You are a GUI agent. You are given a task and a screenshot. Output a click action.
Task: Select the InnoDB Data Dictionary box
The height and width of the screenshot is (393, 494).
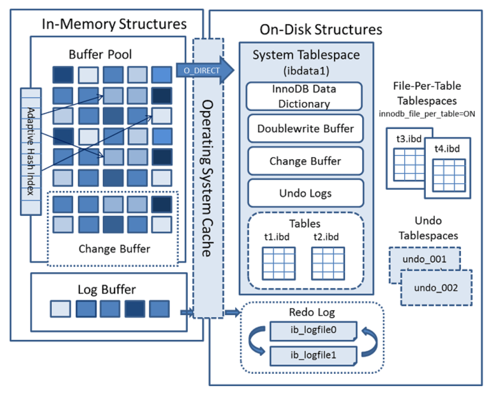tap(304, 97)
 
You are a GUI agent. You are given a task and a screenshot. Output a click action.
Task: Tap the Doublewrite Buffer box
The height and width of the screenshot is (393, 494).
tap(305, 129)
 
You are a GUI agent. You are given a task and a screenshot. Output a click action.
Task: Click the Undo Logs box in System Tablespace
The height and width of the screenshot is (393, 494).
tap(305, 193)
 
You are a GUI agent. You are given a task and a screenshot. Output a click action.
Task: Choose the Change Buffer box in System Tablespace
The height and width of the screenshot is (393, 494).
tap(305, 161)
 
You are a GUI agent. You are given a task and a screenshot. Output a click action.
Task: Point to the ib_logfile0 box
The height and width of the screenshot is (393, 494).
tap(313, 330)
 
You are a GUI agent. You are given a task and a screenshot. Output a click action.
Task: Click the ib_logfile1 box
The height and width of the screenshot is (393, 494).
tap(313, 355)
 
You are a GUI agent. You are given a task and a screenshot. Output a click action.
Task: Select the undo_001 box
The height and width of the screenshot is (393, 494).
tap(424, 259)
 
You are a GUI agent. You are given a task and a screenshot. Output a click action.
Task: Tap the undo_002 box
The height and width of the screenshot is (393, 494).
tap(436, 288)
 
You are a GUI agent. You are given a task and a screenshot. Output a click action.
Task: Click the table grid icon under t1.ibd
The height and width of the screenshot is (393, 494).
tap(278, 263)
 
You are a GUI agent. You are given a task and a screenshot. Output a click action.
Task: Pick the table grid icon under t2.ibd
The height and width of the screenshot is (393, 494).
tap(328, 263)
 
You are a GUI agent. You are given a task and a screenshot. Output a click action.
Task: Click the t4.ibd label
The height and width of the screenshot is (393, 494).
tap(447, 149)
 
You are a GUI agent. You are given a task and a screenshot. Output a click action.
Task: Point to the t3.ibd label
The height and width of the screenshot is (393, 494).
tap(409, 139)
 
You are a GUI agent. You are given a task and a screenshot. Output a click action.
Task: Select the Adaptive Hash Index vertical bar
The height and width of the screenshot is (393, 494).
tap(31, 152)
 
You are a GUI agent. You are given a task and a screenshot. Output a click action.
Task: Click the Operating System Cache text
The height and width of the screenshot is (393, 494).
tap(207, 178)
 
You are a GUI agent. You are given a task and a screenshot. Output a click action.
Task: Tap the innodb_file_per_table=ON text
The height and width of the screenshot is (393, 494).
tap(427, 114)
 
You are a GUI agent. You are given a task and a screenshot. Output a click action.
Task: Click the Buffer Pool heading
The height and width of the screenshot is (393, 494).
tap(100, 54)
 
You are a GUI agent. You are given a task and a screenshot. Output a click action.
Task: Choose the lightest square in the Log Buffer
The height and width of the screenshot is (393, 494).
tap(61, 309)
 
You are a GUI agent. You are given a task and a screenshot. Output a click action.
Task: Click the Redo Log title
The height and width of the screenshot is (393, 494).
tap(312, 312)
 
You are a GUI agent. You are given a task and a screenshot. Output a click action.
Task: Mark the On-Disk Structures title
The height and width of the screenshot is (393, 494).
tap(321, 30)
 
